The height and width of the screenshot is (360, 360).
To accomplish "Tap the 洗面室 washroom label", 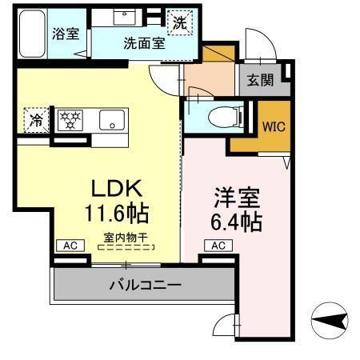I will coord(144,43).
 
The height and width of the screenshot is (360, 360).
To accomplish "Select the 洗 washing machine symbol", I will coord(181,23).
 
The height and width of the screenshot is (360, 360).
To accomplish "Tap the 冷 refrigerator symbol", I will coord(36,121).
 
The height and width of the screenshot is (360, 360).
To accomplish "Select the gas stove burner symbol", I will coord(72,121).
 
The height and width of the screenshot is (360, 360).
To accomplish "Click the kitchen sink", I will coord(110,122).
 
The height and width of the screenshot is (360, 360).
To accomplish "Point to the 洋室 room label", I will coord(235,196).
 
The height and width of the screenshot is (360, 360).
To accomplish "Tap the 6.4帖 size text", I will coord(237,221).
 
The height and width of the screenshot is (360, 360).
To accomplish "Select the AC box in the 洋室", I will coord(216,246).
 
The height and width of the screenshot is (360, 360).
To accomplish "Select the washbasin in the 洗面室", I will coord(126,18).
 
